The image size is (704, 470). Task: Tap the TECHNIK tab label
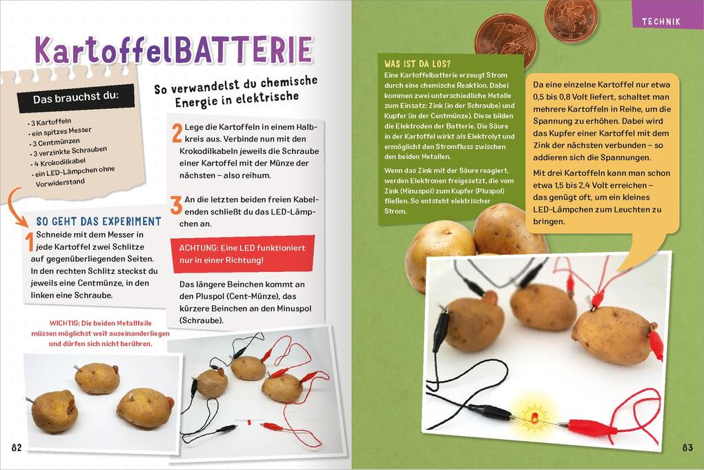[661, 21]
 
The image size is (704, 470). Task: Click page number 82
[17, 447]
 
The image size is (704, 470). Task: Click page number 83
[687, 447]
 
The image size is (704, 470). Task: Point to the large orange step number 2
[177, 133]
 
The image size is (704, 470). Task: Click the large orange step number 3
[177, 205]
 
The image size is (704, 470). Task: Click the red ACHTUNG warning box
[242, 253]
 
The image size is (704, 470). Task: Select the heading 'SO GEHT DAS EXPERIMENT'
[98, 222]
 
